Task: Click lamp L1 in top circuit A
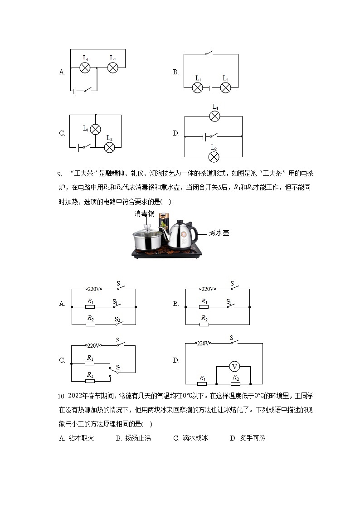(85, 68)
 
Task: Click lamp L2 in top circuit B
(225, 88)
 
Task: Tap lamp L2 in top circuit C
(109, 147)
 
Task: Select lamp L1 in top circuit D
(214, 116)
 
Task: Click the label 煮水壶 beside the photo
(219, 233)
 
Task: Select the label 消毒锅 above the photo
(144, 213)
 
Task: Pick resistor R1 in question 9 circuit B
(204, 307)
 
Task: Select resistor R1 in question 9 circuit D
(202, 383)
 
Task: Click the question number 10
(62, 396)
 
